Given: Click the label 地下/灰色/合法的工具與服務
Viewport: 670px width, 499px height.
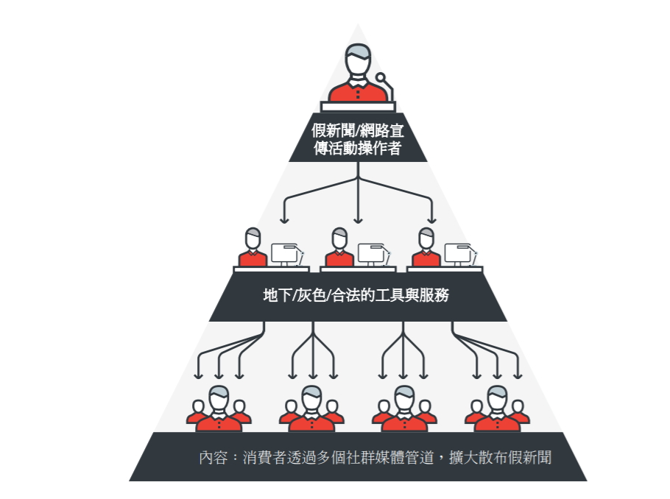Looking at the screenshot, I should [357, 297].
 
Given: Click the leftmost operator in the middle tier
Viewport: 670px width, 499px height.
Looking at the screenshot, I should [253, 249].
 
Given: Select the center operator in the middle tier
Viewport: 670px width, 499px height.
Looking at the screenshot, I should [339, 249].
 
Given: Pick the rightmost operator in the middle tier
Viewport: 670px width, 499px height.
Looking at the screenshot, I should [426, 249].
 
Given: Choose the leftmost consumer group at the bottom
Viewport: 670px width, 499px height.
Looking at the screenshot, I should [219, 411].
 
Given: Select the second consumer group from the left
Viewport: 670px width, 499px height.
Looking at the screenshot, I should [311, 411].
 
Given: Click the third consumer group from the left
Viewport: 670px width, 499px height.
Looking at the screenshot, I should [404, 411].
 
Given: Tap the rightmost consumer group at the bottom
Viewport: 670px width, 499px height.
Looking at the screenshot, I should [497, 411].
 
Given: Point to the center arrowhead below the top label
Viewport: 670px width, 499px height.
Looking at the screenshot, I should [358, 219].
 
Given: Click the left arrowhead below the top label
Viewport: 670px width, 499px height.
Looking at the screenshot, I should [284, 219].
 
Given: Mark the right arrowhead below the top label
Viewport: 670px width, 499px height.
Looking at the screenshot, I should [432, 219].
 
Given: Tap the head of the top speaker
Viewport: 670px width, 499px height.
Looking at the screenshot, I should [358, 60].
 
